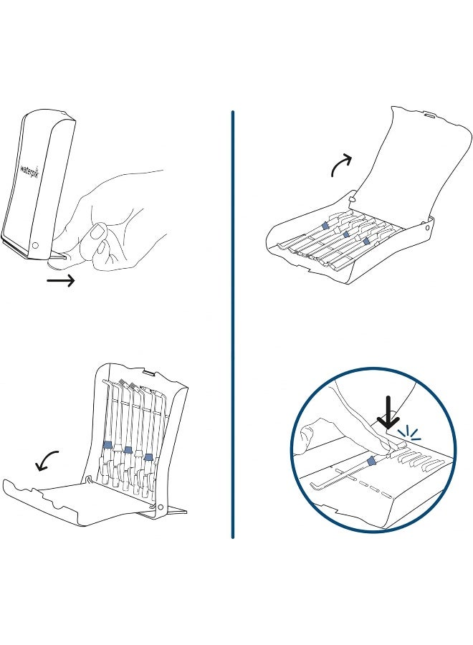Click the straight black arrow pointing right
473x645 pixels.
(61, 282)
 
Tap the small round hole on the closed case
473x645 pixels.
(35, 247)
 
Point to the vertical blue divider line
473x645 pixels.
(233, 322)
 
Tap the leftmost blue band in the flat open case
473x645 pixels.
(325, 225)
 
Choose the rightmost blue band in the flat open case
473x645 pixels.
(366, 242)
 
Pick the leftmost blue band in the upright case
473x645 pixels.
(107, 444)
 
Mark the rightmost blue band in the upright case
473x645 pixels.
(148, 457)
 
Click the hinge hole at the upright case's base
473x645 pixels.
(160, 508)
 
